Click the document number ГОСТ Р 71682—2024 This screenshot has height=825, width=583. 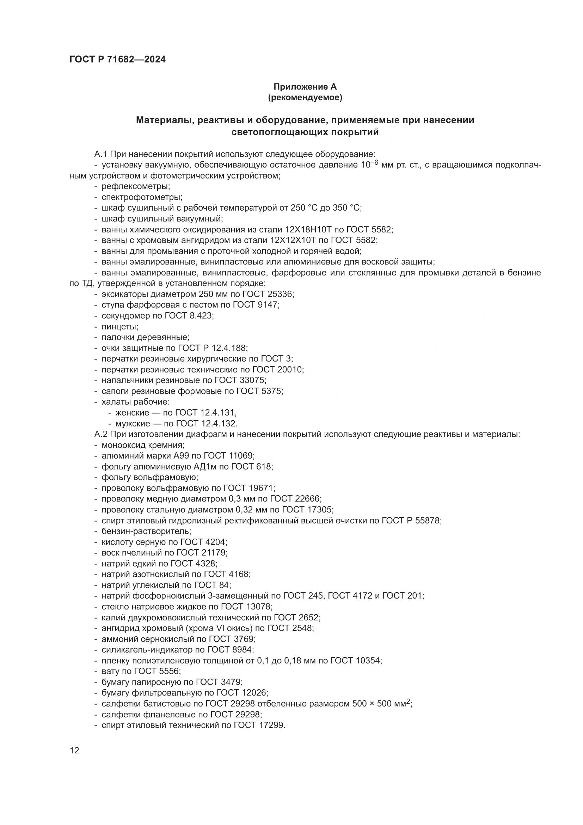point(117,60)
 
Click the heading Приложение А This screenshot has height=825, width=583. point(305,87)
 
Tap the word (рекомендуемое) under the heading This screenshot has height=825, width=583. point(305,97)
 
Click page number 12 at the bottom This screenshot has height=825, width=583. point(74,751)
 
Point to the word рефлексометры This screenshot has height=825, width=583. point(135,187)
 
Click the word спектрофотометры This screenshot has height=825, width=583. point(142,197)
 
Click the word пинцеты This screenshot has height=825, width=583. point(119,327)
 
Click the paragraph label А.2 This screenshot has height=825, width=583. point(101,435)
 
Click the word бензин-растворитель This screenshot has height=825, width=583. point(146,532)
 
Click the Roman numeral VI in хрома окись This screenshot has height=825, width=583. point(219,629)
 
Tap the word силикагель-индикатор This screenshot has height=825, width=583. point(147,650)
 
